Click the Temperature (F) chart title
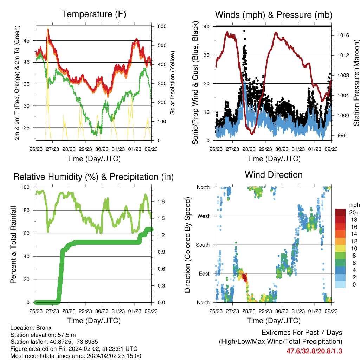tap(94, 14)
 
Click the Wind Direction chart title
tap(274, 175)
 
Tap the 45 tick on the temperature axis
tap(27, 41)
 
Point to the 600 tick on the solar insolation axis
tap(162, 26)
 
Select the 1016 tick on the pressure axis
tap(343, 36)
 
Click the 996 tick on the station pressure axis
tap(342, 135)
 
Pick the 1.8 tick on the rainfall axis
tap(161, 201)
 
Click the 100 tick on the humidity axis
tap(25, 187)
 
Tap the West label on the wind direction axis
tap(204, 216)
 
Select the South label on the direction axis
tap(203, 245)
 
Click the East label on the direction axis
tap(204, 274)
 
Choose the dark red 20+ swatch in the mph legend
tap(340, 212)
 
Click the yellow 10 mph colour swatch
tap(340, 249)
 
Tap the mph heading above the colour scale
tap(354, 205)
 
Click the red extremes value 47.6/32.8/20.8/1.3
tap(314, 351)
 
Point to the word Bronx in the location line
tap(44, 328)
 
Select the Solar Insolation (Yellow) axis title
tap(172, 83)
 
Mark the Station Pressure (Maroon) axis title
tap(356, 83)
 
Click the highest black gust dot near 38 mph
tap(244, 31)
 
